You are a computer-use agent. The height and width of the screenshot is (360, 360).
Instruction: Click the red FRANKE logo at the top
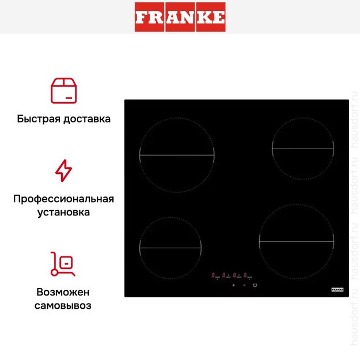coord(180,17)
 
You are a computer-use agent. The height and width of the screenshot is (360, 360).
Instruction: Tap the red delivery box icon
coord(63,90)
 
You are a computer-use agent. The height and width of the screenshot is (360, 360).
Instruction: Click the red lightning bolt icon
coord(63,171)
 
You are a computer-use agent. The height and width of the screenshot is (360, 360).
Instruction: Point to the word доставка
coord(87,119)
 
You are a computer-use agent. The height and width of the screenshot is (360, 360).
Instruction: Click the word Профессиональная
coord(63,199)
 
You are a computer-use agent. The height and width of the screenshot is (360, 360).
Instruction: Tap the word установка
coord(63,212)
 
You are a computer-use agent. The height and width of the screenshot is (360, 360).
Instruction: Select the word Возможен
coord(63,292)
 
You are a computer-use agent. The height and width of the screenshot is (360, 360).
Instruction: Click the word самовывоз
coord(63,305)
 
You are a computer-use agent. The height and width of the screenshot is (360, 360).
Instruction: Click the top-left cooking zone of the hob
coord(177,156)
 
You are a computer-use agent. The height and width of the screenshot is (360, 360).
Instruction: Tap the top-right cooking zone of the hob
coord(303,149)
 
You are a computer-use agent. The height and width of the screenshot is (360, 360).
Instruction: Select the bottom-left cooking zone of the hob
coord(170,248)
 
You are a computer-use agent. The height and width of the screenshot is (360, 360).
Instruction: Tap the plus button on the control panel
coord(233,286)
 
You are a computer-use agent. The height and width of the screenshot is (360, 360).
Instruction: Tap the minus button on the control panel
coord(244,286)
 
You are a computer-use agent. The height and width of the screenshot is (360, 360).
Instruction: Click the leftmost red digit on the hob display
coord(214,275)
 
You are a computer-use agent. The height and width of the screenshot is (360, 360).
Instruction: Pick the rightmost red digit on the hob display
coord(245,275)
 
